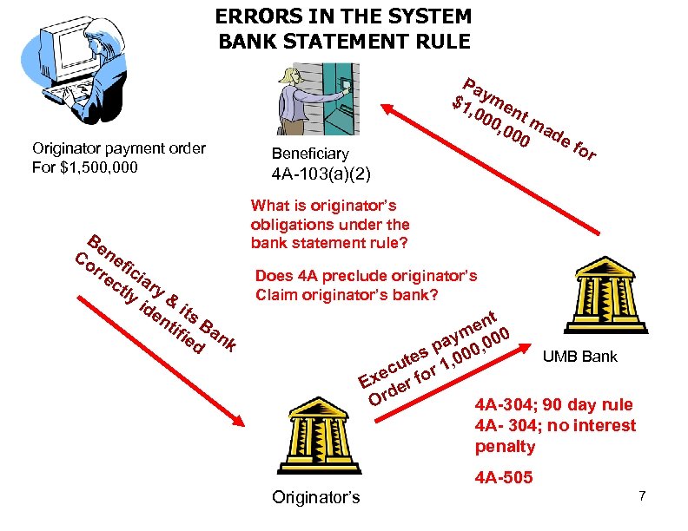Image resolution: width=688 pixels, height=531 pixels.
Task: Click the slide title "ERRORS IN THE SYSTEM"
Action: pyautogui.click(x=343, y=16)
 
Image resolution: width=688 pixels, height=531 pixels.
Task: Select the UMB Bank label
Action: pyautogui.click(x=580, y=357)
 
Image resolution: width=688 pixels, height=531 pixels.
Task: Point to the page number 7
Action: pyautogui.click(x=642, y=495)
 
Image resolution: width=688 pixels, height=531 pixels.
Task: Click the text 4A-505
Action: pyautogui.click(x=505, y=477)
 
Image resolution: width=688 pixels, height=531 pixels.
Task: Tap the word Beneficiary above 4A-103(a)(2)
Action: pyautogui.click(x=310, y=154)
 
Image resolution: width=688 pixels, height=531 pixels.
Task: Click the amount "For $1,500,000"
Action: pyautogui.click(x=83, y=167)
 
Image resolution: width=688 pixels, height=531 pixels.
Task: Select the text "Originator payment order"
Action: pyautogui.click(x=118, y=147)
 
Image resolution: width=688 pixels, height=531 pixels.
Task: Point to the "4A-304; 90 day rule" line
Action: pyautogui.click(x=553, y=405)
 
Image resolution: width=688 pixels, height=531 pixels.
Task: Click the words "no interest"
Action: pyautogui.click(x=590, y=426)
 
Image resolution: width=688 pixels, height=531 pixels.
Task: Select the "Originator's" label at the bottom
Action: pyautogui.click(x=315, y=497)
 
